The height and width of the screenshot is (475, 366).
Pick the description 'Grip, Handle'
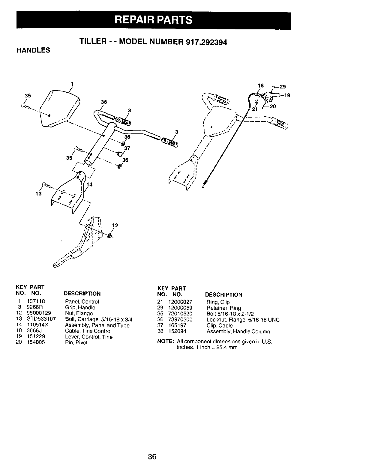[x=80, y=307]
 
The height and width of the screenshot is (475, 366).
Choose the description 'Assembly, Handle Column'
[x=238, y=331]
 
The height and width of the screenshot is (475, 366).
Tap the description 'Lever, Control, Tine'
[x=89, y=337]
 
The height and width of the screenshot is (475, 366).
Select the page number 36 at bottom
[x=152, y=457]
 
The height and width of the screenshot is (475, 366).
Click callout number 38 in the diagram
[x=103, y=102]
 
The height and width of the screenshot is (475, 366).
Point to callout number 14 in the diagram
[x=89, y=185]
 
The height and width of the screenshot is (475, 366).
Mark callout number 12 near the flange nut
[x=115, y=226]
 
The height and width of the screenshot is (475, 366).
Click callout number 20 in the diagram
[x=273, y=106]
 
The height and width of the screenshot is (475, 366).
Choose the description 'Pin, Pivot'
[x=76, y=342]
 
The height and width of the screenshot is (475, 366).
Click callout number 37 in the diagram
[x=127, y=148]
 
